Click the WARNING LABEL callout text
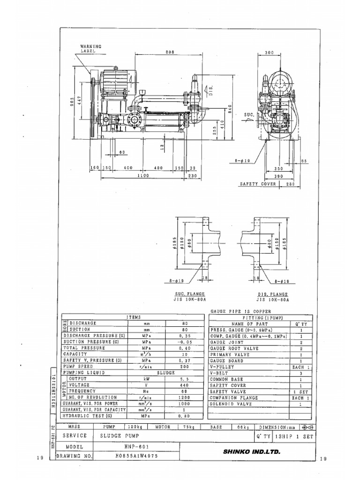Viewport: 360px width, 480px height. click(90, 49)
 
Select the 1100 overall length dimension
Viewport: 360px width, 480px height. click(143, 175)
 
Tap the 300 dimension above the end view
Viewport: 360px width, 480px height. click(269, 52)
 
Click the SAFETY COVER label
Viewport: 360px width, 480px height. click(258, 185)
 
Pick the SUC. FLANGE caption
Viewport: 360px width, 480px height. click(189, 293)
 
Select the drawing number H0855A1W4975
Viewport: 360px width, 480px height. click(136, 456)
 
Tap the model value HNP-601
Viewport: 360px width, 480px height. click(136, 447)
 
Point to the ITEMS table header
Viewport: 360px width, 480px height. click(133, 317)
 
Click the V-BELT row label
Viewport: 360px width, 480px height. click(219, 373)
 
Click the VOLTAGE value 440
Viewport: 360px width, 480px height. click(184, 385)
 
